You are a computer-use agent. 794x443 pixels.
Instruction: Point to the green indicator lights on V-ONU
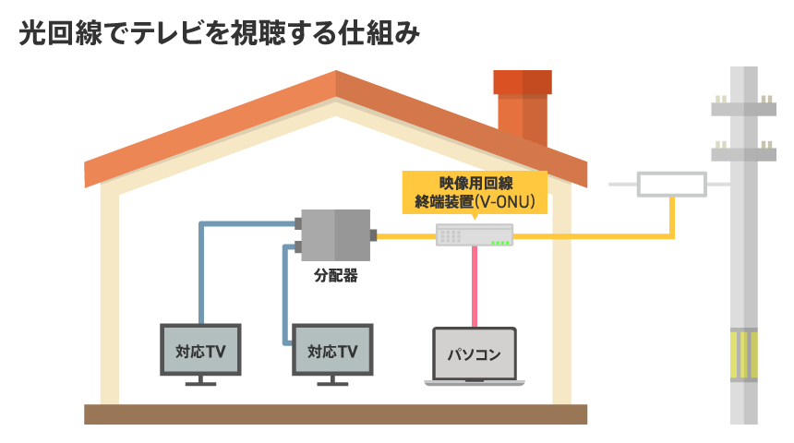tap(501, 243)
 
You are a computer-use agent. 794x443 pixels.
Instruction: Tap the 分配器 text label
tap(334, 275)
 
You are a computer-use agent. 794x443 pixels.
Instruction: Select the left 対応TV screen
tap(200, 350)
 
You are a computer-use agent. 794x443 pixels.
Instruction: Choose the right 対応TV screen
tap(331, 350)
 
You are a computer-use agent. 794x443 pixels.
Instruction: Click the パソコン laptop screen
tap(475, 353)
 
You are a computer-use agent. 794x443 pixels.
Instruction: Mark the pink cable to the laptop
tap(475, 286)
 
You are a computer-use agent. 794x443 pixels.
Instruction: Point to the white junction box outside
tap(672, 184)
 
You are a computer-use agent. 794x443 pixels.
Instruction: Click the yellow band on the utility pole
tap(744, 355)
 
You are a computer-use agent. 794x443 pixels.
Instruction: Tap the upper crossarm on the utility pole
tap(744, 108)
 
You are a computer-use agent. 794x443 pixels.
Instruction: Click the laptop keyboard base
tap(475, 382)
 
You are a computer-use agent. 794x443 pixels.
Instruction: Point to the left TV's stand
tap(200, 381)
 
